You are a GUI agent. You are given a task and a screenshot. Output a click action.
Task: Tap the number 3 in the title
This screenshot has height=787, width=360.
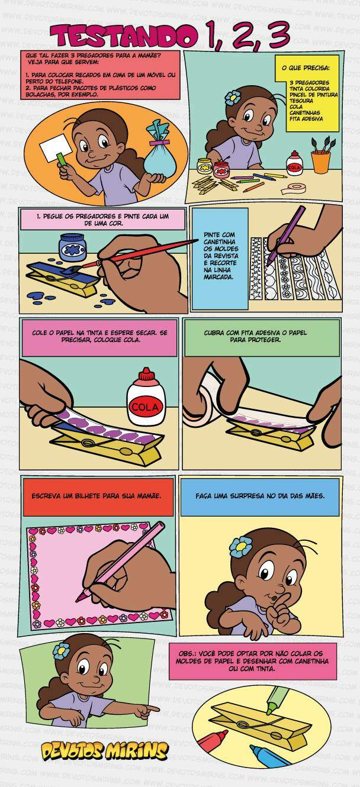[279, 34]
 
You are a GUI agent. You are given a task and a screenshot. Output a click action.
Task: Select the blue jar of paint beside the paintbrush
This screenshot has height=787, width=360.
[72, 247]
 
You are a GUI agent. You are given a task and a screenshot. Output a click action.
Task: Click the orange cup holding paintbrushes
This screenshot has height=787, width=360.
[321, 162]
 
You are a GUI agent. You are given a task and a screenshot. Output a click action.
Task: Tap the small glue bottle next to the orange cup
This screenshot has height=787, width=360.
[294, 164]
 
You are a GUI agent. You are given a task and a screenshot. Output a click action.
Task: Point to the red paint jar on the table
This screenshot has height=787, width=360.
[221, 170]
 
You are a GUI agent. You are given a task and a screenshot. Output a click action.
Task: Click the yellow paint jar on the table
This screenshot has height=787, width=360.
[204, 166]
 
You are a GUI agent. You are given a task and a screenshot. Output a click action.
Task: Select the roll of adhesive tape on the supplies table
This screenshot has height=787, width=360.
[293, 189]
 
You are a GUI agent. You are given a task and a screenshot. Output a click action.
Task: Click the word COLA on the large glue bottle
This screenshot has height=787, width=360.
[146, 407]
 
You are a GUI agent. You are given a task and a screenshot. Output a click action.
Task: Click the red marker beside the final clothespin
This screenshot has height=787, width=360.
[212, 741]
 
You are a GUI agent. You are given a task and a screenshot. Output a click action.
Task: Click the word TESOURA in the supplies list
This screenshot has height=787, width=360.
[301, 101]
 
